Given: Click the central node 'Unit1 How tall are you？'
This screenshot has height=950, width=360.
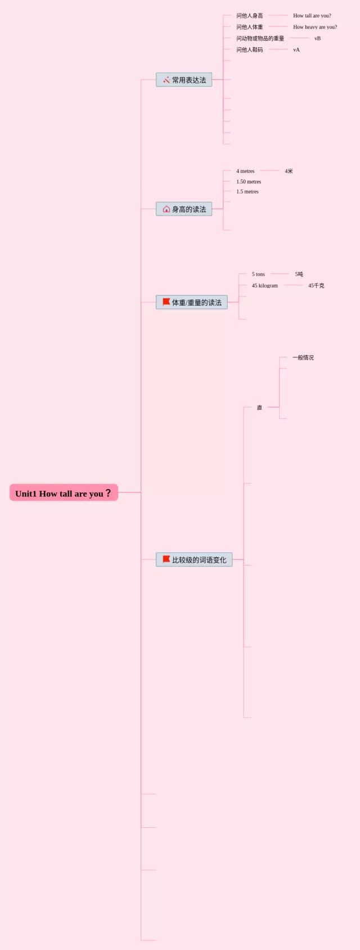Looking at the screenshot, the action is click(x=64, y=493).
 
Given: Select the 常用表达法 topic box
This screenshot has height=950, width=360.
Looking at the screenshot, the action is click(x=184, y=80).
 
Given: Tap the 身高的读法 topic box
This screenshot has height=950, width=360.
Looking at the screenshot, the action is click(x=184, y=209).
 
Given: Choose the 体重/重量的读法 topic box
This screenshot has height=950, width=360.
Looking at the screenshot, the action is click(x=192, y=303).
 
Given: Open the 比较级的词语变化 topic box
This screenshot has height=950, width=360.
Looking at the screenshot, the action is click(x=194, y=560).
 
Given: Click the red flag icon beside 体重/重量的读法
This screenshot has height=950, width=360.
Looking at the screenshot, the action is click(x=166, y=302).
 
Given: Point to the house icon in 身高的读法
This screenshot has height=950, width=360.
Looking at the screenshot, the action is click(x=166, y=209).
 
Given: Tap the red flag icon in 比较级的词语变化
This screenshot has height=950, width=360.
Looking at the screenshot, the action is click(x=166, y=559).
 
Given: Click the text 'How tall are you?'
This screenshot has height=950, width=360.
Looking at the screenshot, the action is click(x=312, y=16).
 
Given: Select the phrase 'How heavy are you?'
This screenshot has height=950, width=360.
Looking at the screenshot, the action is click(x=315, y=27).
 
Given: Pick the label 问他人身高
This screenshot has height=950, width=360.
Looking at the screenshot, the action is click(x=249, y=16).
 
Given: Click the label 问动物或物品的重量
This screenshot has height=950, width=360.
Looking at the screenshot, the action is click(x=260, y=38).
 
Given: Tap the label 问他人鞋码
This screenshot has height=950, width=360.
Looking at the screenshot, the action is click(x=249, y=50).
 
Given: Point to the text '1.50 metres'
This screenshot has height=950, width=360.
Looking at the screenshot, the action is click(x=249, y=182).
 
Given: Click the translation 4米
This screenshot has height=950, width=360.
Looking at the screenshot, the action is click(x=289, y=171).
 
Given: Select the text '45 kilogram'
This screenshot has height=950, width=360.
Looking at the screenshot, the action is click(x=264, y=286).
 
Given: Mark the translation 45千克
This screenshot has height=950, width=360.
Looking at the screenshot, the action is click(x=316, y=286).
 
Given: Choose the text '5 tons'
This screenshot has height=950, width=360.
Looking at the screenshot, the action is click(x=258, y=275).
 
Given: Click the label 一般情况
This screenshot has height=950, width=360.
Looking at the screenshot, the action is click(x=303, y=358).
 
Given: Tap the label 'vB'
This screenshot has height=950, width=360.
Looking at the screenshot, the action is click(x=317, y=38).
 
